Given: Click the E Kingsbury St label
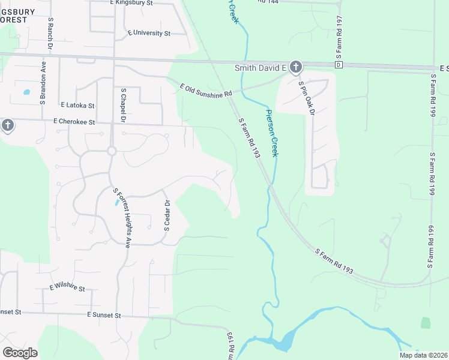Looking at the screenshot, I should tap(140, 3).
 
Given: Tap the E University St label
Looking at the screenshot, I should tap(149, 33).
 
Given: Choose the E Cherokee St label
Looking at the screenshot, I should tap(74, 122).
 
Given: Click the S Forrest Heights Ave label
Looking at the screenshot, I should tap(122, 217).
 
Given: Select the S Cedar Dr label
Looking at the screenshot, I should tap(167, 215).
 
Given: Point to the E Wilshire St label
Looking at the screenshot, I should tap(67, 287).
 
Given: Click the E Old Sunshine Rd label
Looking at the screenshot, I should tap(206, 91).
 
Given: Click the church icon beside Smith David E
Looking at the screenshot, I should tap(296, 67).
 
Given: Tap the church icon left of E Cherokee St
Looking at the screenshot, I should tap(7, 125).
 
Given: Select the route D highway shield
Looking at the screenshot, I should tap(339, 65).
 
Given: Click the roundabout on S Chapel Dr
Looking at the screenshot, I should tap(112, 151).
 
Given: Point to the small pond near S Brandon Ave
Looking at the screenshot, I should tap(26, 93).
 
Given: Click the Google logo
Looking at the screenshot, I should tap(20, 353).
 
